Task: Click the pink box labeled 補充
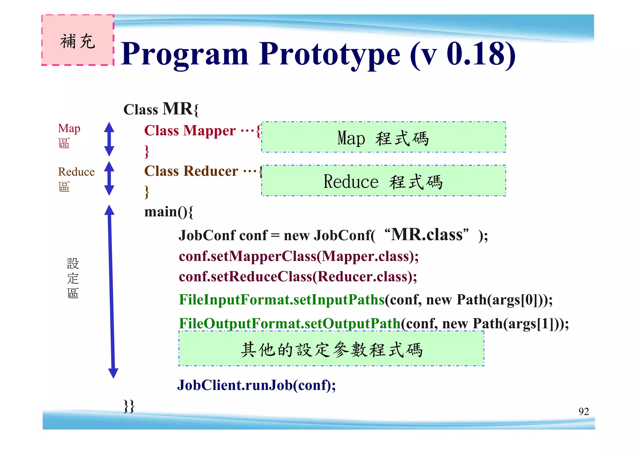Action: (x=78, y=40)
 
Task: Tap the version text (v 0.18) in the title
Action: (x=463, y=54)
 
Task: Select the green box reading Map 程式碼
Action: (x=383, y=137)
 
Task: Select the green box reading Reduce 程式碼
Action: (x=383, y=181)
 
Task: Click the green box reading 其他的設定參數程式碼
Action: (x=331, y=349)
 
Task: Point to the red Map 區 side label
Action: (x=69, y=136)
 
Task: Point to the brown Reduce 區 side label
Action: (x=76, y=179)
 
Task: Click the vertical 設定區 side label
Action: (x=73, y=278)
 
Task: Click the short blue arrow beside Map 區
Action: (x=109, y=139)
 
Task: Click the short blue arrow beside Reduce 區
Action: (x=109, y=178)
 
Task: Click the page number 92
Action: (x=584, y=411)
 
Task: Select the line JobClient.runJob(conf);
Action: (x=256, y=385)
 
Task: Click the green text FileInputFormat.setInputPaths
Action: (x=281, y=300)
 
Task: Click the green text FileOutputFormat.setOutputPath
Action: (x=289, y=323)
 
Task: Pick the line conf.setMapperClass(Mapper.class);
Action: (x=299, y=257)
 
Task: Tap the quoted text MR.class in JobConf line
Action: (x=426, y=234)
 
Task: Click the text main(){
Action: (x=169, y=212)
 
